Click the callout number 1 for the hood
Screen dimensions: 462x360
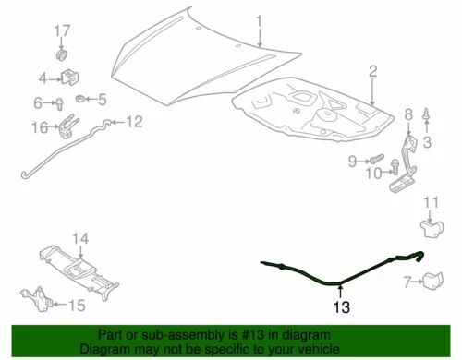(x=260, y=19)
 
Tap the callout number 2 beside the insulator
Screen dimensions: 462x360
(x=373, y=72)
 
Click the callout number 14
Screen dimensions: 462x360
(x=81, y=239)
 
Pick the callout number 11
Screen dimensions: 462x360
(x=432, y=203)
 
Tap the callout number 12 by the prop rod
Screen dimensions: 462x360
(x=134, y=120)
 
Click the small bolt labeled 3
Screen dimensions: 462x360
(x=426, y=117)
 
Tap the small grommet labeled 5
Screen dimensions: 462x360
(x=80, y=98)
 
